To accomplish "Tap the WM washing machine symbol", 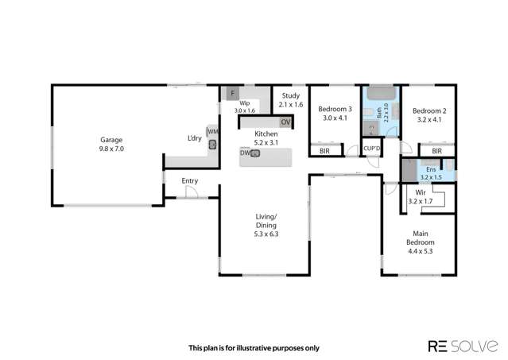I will coord(212,132).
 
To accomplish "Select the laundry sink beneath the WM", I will coord(213,145).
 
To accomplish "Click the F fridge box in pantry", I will coord(232,94).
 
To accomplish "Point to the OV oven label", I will coord(285,122).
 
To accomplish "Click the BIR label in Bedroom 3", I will coord(324,150).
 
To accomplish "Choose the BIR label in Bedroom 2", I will coord(436,150).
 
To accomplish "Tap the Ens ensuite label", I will coord(431,169).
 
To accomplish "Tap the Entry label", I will coord(189,180).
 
